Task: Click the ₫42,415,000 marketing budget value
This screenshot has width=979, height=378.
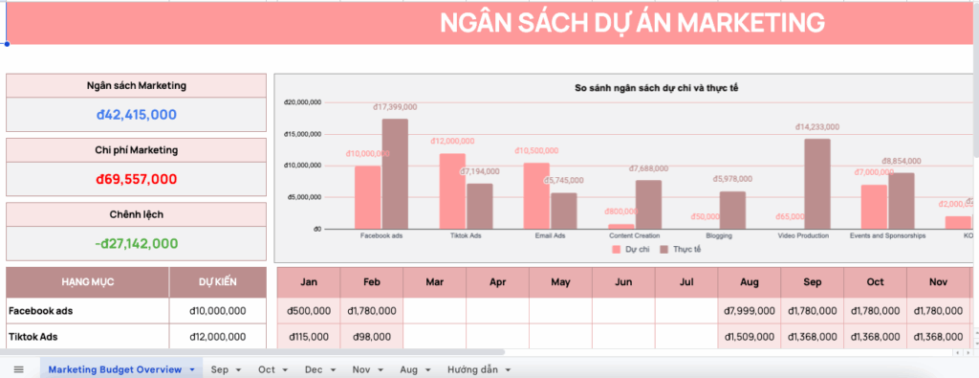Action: pyautogui.click(x=136, y=115)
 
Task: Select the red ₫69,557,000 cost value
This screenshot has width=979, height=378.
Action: pyautogui.click(x=136, y=179)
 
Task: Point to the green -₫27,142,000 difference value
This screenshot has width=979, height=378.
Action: pyautogui.click(x=136, y=243)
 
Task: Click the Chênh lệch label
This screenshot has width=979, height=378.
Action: pyautogui.click(x=136, y=214)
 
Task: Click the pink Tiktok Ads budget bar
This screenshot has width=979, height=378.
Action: pyautogui.click(x=452, y=191)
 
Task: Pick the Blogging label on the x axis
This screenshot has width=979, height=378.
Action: pyautogui.click(x=719, y=235)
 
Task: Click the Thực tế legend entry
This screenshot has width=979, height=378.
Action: pyautogui.click(x=681, y=249)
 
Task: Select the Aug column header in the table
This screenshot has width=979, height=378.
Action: pyautogui.click(x=750, y=283)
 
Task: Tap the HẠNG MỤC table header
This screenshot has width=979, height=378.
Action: pyautogui.click(x=88, y=282)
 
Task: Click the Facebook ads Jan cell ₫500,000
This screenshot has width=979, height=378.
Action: pyautogui.click(x=309, y=311)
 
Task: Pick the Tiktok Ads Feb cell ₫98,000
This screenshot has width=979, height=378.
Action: pyautogui.click(x=372, y=337)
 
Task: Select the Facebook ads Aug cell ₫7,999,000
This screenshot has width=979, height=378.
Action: pyautogui.click(x=750, y=311)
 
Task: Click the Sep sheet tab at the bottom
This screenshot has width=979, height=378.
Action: pyautogui.click(x=220, y=369)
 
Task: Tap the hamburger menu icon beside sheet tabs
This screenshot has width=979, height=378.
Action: pyautogui.click(x=18, y=369)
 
